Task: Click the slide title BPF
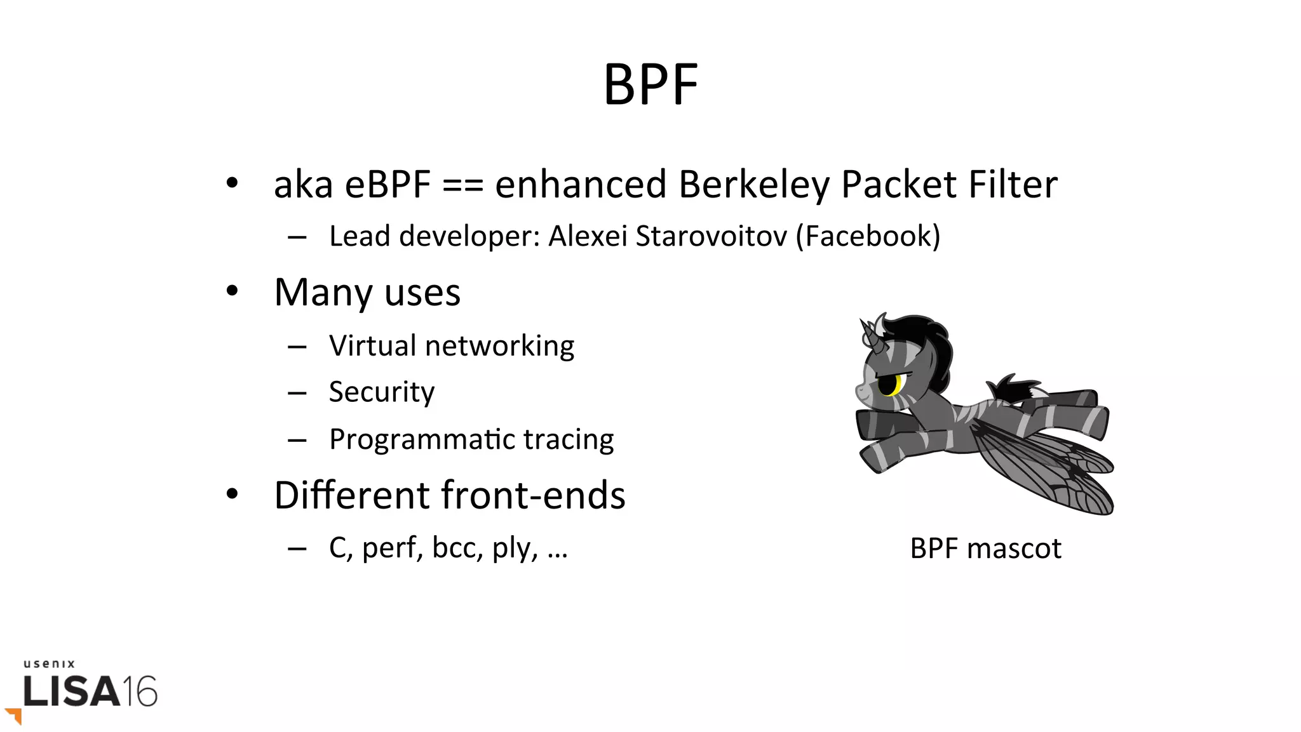point(650,84)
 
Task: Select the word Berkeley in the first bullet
point(754,185)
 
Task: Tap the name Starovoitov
point(711,236)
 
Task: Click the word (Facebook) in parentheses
point(868,236)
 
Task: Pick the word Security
point(382,392)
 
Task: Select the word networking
point(499,347)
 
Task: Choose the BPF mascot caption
point(985,549)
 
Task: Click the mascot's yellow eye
point(898,384)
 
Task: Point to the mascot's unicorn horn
point(868,334)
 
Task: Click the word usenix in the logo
point(50,664)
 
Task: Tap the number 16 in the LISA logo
point(139,691)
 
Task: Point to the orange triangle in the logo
point(15,715)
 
